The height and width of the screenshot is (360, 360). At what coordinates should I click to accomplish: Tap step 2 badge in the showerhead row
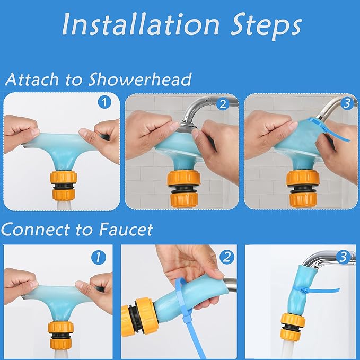click(x=222, y=104)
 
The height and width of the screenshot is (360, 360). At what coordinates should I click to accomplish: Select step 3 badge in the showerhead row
click(x=347, y=104)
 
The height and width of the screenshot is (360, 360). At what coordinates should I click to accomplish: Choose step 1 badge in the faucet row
click(x=98, y=257)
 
